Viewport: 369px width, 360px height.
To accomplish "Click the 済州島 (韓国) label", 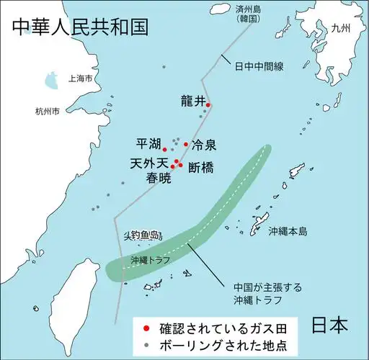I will pos(231,12).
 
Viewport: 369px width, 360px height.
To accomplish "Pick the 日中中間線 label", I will pos(259,66).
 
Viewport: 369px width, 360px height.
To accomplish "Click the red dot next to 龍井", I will pos(208,106).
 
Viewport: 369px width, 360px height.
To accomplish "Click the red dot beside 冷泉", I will pos(186,144).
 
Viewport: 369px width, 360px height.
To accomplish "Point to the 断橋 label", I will pos(201,168).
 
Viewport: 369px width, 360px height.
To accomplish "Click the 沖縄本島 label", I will pos(288,232).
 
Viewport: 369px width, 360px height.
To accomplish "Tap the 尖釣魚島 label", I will pos(141,235).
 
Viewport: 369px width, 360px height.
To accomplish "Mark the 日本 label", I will pos(332,325).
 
